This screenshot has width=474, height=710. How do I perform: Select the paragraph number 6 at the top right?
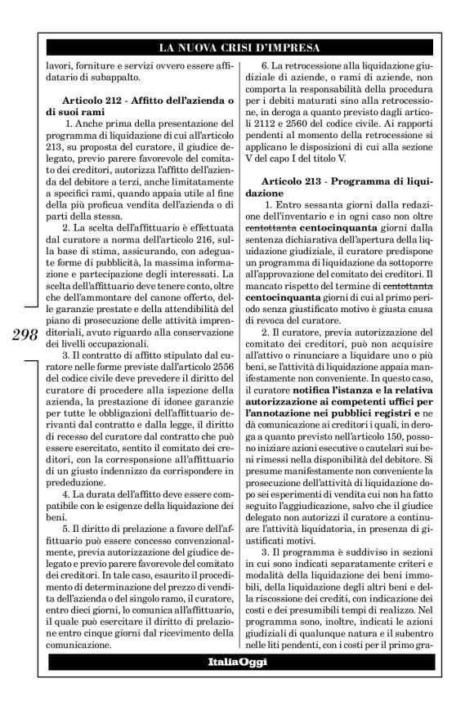264,66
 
